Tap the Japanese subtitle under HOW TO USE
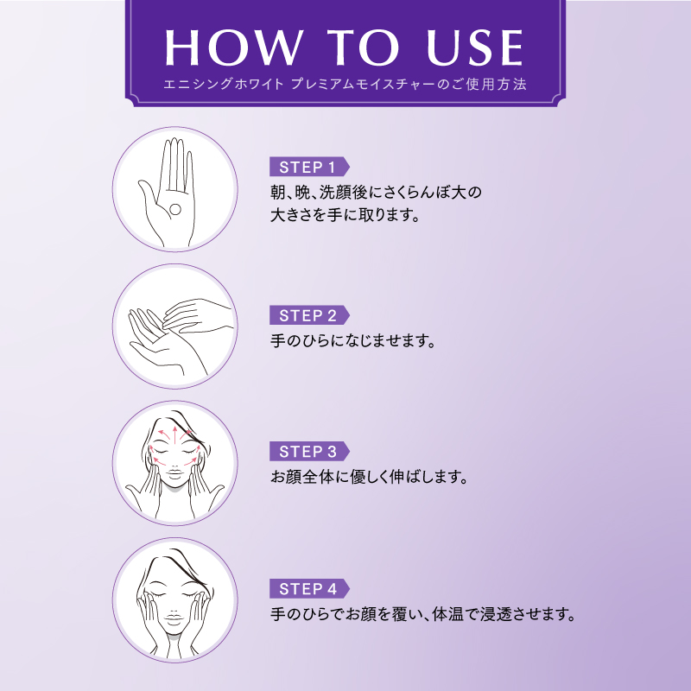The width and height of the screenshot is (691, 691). [345, 86]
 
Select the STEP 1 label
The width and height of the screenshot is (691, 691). [307, 167]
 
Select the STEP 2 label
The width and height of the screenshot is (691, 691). [307, 315]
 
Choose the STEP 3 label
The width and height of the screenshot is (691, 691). [307, 451]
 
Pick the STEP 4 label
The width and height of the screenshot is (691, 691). [307, 589]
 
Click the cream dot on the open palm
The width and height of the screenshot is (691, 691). [174, 207]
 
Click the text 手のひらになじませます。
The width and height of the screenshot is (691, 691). [353, 341]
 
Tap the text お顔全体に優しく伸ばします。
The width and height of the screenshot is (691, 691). [369, 477]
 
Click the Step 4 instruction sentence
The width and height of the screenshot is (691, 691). [422, 615]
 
